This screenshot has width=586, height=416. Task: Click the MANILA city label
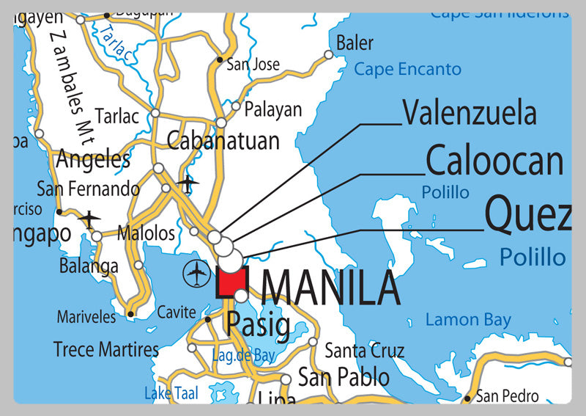(330, 288)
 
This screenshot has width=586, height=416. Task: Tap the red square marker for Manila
(233, 282)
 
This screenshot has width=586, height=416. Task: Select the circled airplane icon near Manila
(197, 274)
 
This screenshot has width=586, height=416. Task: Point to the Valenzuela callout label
(470, 114)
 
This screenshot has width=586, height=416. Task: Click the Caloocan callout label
(494, 161)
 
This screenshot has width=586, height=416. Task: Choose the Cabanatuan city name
(223, 140)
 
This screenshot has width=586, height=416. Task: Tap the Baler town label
(355, 43)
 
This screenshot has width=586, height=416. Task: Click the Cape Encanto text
(407, 70)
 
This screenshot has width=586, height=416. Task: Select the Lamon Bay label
(468, 320)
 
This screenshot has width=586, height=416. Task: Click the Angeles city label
(93, 158)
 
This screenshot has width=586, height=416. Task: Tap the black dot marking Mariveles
(130, 315)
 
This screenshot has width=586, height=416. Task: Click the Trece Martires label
(106, 349)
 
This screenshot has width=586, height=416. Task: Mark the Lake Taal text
(171, 393)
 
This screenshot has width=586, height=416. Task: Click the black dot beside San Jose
(219, 60)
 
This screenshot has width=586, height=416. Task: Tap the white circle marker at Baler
(329, 54)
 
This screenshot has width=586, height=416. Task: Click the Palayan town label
(272, 110)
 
